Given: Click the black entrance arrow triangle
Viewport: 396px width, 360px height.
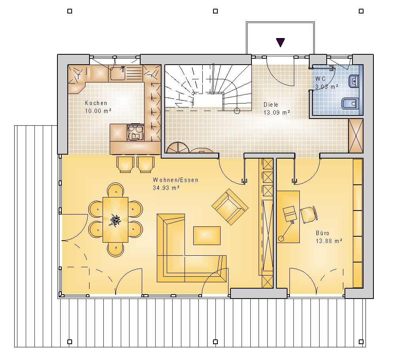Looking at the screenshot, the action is click(280, 42).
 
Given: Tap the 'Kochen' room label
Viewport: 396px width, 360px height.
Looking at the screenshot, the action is click(96, 103).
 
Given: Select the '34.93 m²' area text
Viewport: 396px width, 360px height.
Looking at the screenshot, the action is click(166, 188).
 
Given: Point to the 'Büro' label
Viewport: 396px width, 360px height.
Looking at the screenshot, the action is click(322, 233).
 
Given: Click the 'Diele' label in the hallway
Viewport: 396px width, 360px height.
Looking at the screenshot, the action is click(271, 104).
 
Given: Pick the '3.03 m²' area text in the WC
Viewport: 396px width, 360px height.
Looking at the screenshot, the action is click(327, 86).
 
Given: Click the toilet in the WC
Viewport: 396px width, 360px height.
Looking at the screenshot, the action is click(350, 103).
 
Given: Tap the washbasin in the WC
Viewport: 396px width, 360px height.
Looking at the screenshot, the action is click(354, 81).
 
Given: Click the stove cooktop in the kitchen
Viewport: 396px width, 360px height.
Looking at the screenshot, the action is click(135, 132).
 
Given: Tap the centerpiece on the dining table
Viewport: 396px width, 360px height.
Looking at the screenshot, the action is click(115, 220).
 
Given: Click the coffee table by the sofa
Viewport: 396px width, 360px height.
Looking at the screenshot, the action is click(207, 236).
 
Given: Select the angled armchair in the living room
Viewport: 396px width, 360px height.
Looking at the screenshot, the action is click(230, 207).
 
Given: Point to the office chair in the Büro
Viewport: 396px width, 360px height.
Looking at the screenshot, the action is click(308, 214).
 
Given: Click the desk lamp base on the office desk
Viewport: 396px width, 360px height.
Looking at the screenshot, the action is click(281, 238).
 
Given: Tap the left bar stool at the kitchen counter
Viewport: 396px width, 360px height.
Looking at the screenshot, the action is click(125, 164).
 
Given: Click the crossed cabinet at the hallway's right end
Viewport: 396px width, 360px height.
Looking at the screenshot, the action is click(356, 136).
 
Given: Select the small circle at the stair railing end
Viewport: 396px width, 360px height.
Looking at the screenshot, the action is click(237, 111).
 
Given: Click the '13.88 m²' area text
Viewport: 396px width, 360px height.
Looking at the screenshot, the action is click(329, 241).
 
